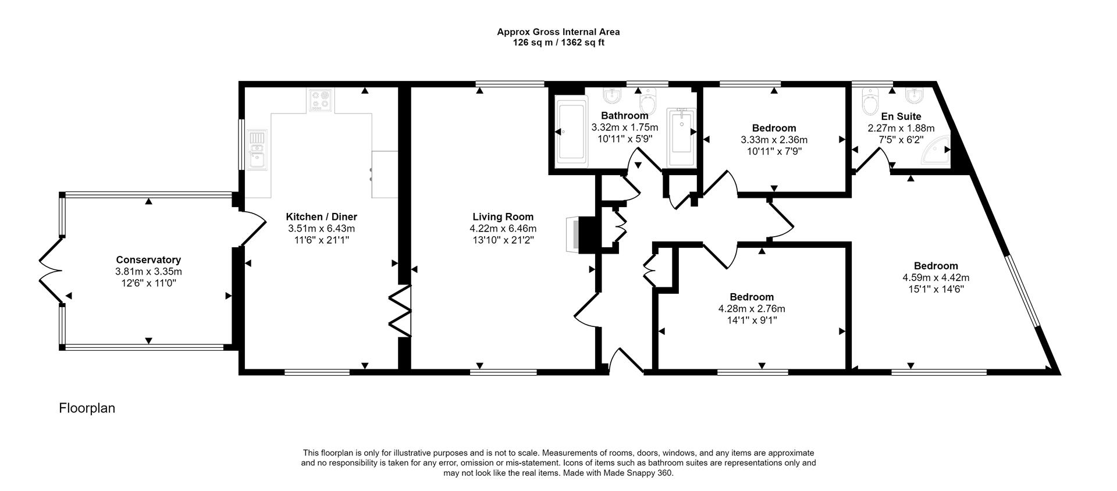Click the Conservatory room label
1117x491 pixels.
(148, 260)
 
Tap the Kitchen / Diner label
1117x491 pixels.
(321, 217)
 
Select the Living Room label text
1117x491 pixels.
(503, 217)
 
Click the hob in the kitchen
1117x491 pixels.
(320, 99)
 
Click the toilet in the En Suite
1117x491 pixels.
(871, 102)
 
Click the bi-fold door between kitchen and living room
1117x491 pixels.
(400, 311)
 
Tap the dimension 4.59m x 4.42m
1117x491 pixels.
(935, 277)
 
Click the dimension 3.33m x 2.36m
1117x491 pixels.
(774, 140)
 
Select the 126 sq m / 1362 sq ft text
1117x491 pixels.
(558, 42)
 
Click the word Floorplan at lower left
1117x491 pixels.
(87, 408)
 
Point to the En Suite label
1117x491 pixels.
(901, 116)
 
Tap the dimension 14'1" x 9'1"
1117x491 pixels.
(752, 320)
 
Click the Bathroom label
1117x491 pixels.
(624, 116)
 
